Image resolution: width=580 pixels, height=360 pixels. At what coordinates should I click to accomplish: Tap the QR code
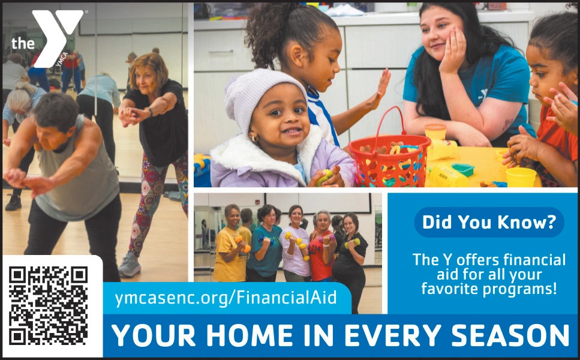(49, 305)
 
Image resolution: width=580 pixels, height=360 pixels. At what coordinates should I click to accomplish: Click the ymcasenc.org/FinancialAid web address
(225, 297)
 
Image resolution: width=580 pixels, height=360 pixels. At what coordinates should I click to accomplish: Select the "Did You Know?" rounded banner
(489, 223)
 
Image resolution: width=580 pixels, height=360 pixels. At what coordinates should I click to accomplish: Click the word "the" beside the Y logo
(23, 43)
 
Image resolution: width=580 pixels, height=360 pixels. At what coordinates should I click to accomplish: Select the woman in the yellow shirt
(229, 252)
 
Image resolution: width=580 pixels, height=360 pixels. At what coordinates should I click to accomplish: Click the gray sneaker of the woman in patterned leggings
(129, 265)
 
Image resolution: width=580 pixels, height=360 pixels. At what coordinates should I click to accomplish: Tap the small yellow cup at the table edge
(520, 176)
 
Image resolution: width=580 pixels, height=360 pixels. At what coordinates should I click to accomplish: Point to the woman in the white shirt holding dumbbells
(295, 246)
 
